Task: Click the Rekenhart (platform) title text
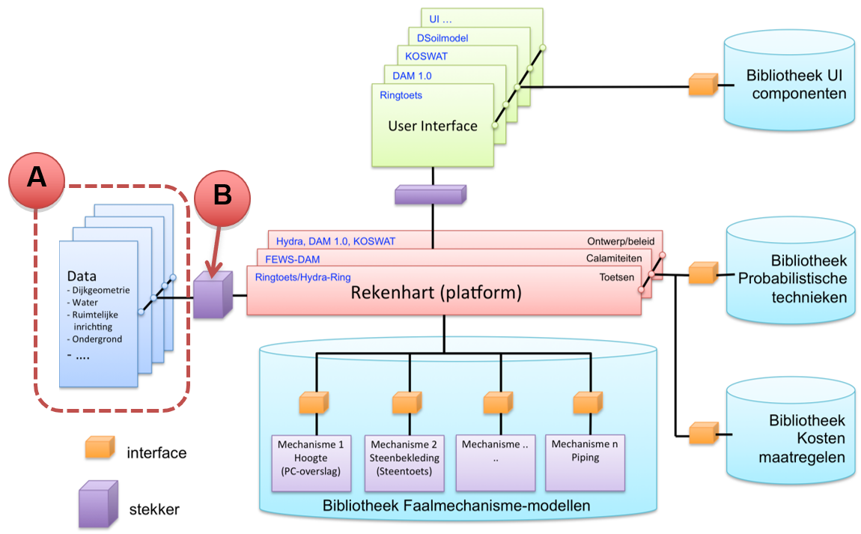(x=436, y=292)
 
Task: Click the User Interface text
(x=433, y=126)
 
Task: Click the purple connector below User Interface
(x=431, y=195)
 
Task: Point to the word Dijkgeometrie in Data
(x=102, y=291)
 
